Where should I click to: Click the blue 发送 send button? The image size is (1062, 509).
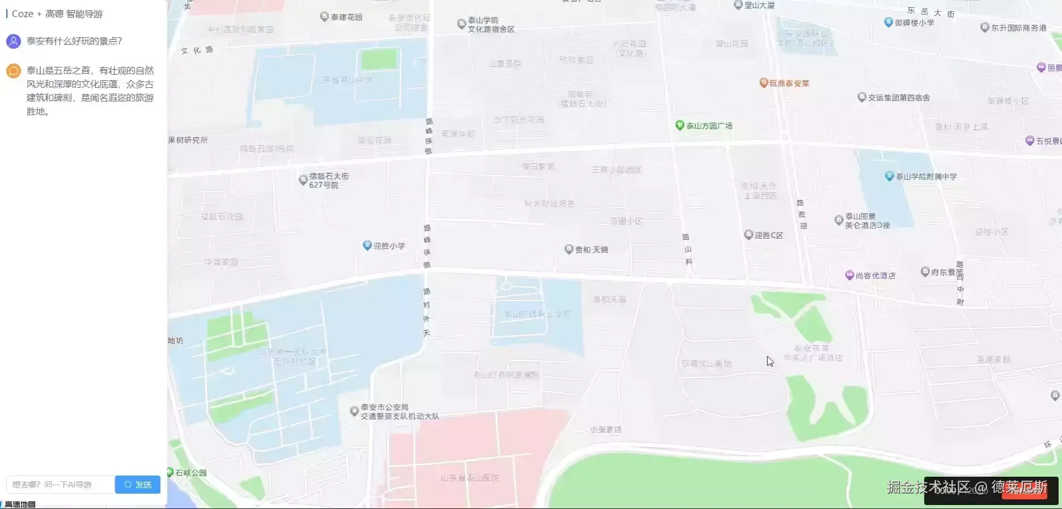pyautogui.click(x=138, y=485)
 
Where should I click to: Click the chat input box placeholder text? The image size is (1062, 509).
pyautogui.click(x=52, y=485)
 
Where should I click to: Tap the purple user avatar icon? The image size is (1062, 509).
pyautogui.click(x=14, y=41)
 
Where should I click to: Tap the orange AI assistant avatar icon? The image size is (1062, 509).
pyautogui.click(x=14, y=71)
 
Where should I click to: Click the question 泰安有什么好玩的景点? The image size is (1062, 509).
pyautogui.click(x=74, y=41)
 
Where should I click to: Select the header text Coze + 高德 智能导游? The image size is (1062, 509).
pyautogui.click(x=57, y=14)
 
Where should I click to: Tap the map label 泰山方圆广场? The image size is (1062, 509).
pyautogui.click(x=709, y=126)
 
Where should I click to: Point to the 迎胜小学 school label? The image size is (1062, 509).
pyautogui.click(x=389, y=246)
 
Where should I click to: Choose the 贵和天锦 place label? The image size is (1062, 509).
pyautogui.click(x=591, y=249)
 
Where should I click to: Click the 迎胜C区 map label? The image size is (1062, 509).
pyautogui.click(x=768, y=235)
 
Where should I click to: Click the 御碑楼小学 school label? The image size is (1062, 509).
pyautogui.click(x=914, y=23)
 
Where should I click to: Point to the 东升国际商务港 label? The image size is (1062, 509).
pyautogui.click(x=1018, y=28)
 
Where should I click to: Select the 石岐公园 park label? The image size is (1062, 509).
pyautogui.click(x=190, y=473)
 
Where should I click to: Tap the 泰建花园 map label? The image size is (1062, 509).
pyautogui.click(x=346, y=17)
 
